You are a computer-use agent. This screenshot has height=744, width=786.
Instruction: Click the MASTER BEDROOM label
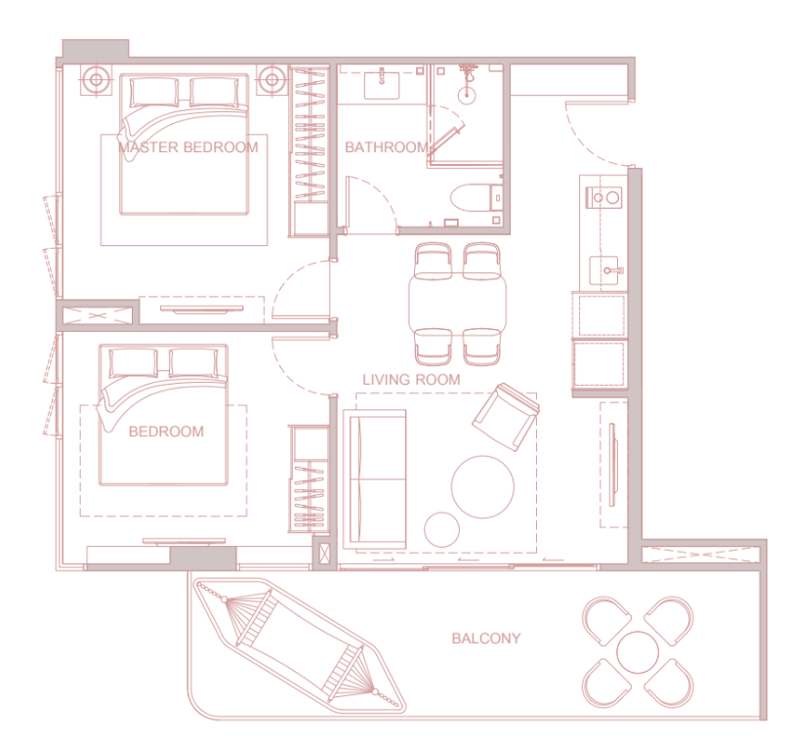pos(187,147)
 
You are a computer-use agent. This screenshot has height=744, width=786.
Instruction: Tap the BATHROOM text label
pos(386,147)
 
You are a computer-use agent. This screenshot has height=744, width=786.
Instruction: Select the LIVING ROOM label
pos(411,379)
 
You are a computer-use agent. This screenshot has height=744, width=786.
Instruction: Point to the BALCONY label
pos(485,639)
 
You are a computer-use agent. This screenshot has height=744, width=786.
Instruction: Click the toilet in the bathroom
pos(474,198)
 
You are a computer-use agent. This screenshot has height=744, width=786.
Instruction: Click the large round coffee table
pos(482,486)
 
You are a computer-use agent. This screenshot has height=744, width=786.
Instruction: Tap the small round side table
pos(441,528)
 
